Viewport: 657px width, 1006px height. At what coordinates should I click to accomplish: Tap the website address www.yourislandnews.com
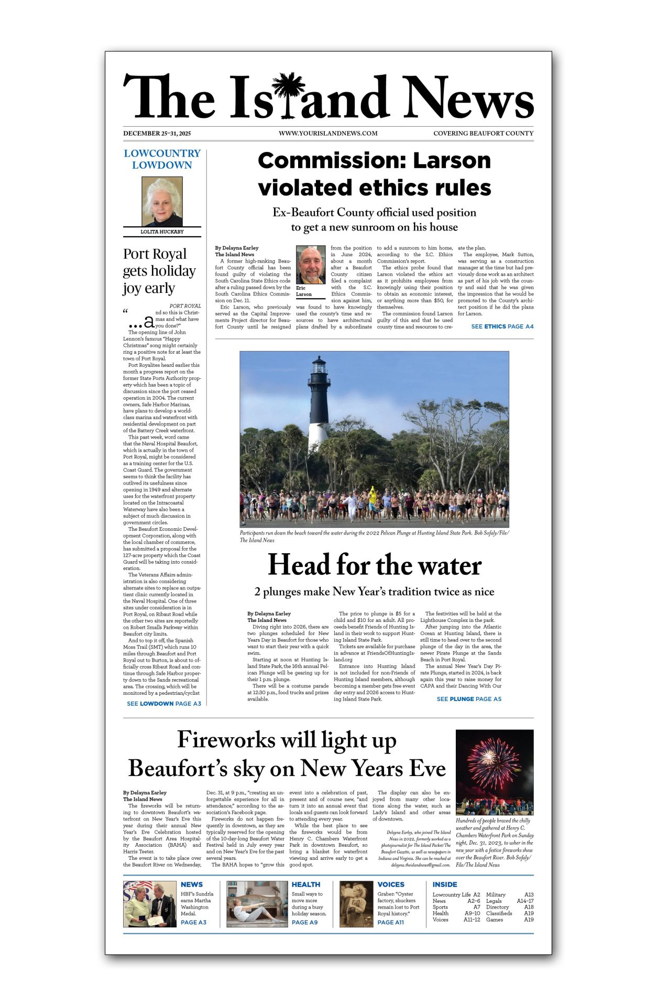click(x=328, y=134)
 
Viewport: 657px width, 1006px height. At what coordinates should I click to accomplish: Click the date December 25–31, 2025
click(x=157, y=134)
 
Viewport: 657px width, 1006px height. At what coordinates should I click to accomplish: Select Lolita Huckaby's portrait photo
click(x=162, y=201)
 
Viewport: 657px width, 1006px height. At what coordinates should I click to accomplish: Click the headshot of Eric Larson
click(x=311, y=265)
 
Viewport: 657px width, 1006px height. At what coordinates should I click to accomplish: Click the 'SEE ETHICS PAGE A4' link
click(x=502, y=326)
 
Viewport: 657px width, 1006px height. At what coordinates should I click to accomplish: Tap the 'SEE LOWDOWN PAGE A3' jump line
click(x=164, y=704)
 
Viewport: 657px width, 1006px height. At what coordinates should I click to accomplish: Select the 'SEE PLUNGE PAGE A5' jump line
click(x=469, y=699)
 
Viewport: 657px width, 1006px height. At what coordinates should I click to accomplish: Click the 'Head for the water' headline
click(x=375, y=565)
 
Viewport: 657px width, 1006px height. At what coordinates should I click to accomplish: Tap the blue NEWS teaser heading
click(x=192, y=884)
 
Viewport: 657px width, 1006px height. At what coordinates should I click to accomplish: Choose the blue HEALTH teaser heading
click(x=306, y=884)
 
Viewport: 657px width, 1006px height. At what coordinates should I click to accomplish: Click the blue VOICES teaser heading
click(x=391, y=884)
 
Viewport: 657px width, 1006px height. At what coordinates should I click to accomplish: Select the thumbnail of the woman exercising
click(x=257, y=904)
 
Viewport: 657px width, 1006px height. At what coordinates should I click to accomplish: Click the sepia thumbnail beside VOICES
click(x=356, y=904)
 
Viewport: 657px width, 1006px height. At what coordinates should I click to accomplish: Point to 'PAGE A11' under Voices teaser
click(x=391, y=922)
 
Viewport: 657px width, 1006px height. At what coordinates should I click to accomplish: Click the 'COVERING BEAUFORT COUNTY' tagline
click(x=483, y=134)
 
